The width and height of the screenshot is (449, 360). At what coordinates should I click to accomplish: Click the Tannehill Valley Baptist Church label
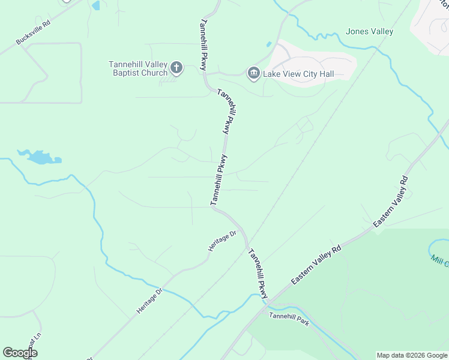click(x=138, y=68)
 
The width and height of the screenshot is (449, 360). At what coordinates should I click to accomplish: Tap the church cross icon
click(x=176, y=67)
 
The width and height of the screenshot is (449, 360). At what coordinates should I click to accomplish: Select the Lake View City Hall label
click(x=298, y=74)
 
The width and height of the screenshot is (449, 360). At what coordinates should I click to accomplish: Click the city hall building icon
click(x=253, y=73)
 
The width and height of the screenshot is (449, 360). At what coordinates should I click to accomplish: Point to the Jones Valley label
click(x=370, y=32)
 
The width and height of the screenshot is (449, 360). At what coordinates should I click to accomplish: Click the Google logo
click(x=20, y=353)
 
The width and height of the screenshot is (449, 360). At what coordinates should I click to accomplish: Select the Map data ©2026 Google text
click(x=412, y=355)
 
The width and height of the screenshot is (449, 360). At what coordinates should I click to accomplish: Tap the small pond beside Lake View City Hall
click(x=268, y=44)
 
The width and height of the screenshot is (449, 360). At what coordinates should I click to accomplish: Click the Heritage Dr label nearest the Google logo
click(x=149, y=301)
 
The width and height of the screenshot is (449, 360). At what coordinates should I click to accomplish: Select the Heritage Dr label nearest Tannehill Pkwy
click(x=222, y=241)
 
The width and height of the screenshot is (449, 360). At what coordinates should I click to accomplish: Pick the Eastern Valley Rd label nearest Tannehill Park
click(x=316, y=264)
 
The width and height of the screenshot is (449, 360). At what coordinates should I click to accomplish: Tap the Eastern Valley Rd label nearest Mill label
click(x=390, y=201)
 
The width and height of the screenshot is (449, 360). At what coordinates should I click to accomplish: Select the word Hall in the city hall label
click(x=326, y=74)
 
